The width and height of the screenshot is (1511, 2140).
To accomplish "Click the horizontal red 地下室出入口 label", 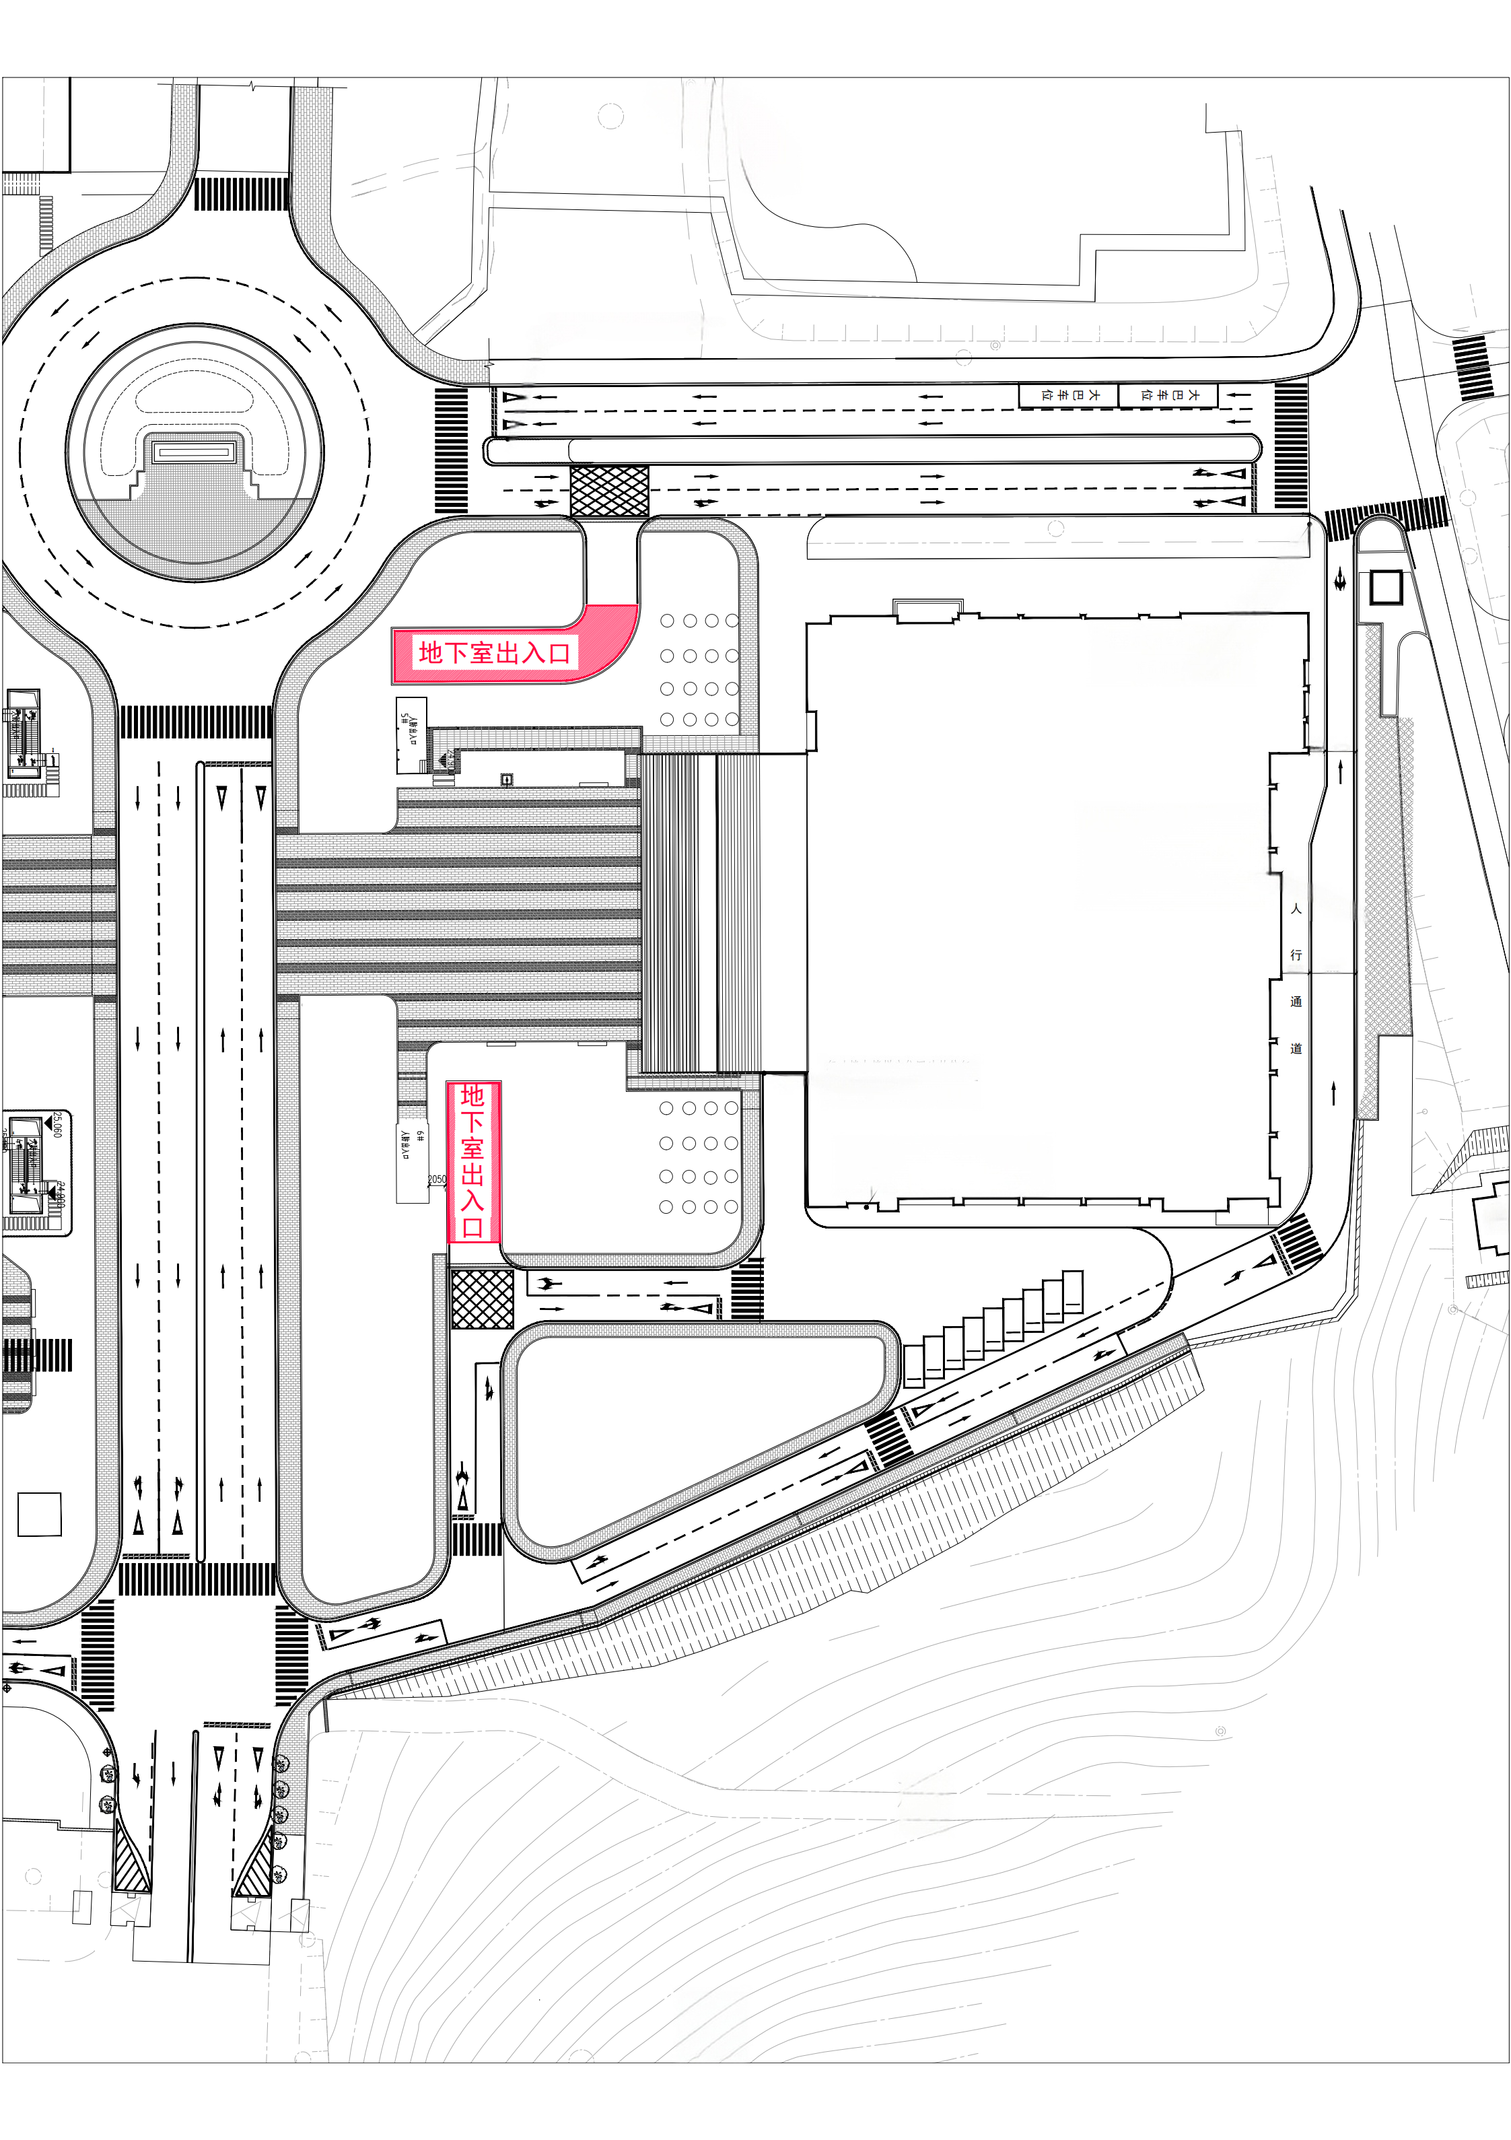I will [x=494, y=652].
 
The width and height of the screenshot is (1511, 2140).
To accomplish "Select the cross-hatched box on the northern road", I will [x=608, y=491].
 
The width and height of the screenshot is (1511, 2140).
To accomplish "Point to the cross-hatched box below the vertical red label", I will [x=482, y=1299].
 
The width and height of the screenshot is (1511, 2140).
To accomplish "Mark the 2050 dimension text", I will [x=436, y=1179].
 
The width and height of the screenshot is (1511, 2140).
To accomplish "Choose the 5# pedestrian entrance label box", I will [x=410, y=734].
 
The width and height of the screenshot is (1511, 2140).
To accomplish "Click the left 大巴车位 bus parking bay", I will [x=1068, y=395].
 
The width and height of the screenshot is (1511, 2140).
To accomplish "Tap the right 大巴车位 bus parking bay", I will [x=1168, y=395].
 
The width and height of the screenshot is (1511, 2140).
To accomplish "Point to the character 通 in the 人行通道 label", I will [x=1296, y=1002].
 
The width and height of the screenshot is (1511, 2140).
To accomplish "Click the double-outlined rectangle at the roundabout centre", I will [x=194, y=453].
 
